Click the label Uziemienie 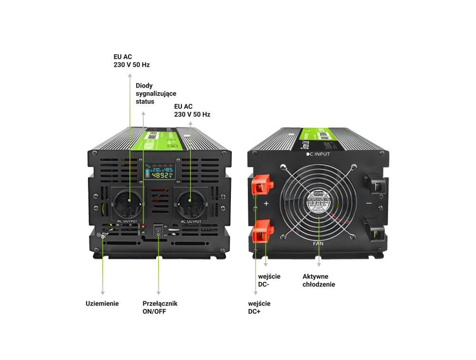point(102,303)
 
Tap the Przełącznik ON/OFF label point(160,307)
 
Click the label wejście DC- point(270,280)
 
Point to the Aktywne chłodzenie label point(319,280)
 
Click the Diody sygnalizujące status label point(156,94)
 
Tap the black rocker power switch point(159,231)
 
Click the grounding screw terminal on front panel point(103,236)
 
